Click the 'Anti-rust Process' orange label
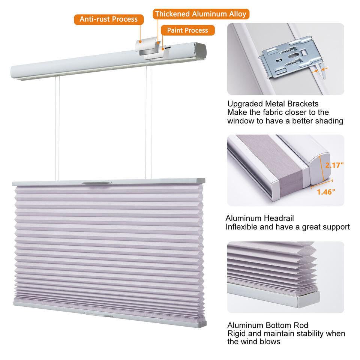coord(109,19)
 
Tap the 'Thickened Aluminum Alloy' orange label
coord(201,14)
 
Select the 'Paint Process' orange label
coord(187,30)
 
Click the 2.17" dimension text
coord(334,165)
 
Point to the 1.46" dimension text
coord(326,192)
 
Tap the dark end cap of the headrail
coord(200,51)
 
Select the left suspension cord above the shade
coord(57,128)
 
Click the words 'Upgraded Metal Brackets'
coord(273,104)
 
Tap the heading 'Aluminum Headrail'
coord(259,218)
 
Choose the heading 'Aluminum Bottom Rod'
coord(268,325)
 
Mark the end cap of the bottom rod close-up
coord(308,300)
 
